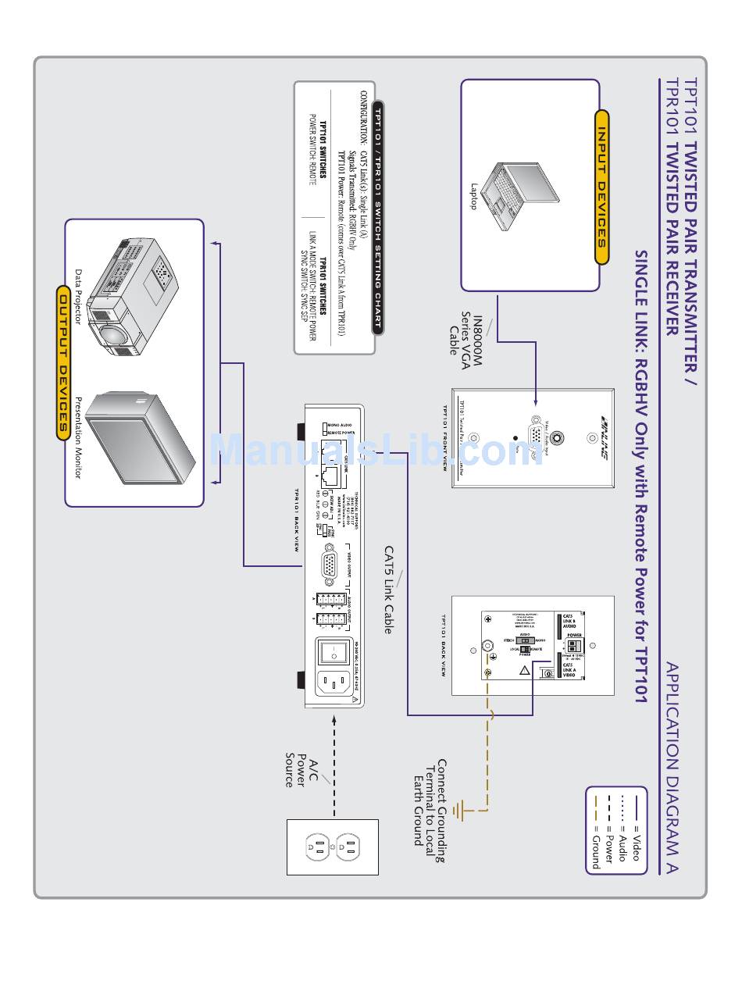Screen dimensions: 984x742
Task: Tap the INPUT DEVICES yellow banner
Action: click(601, 187)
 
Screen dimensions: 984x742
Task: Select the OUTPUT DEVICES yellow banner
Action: click(64, 363)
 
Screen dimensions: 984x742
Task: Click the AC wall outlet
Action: click(333, 847)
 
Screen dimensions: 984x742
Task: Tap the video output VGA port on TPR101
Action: click(330, 565)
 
